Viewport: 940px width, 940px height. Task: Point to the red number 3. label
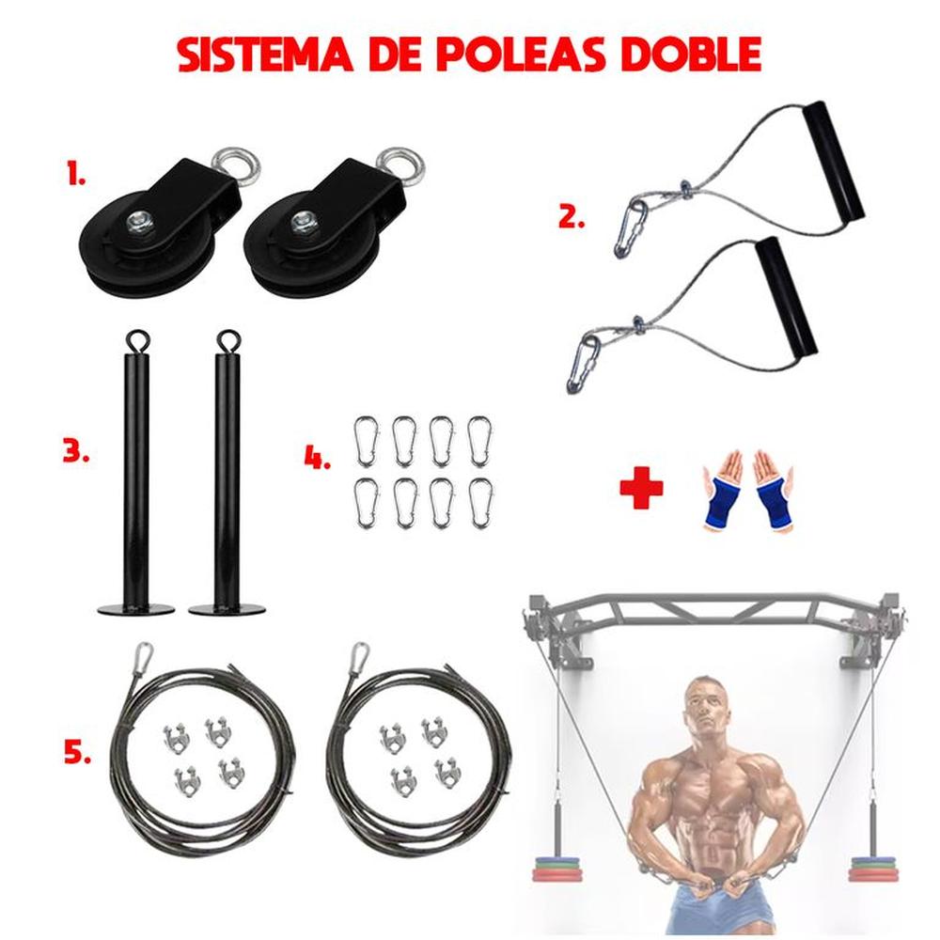point(75,450)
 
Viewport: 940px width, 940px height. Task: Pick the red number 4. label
point(317,458)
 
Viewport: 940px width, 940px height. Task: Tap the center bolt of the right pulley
point(302,223)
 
